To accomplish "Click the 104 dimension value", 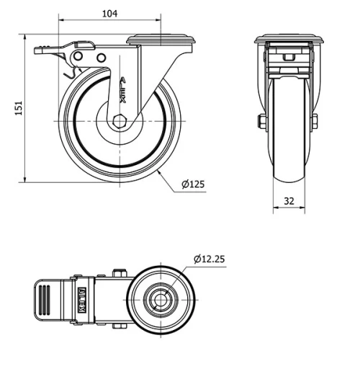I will [x=110, y=14].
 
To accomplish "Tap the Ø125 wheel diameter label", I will [x=193, y=184].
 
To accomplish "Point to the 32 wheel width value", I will [x=288, y=202].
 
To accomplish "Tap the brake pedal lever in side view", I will [x=54, y=51].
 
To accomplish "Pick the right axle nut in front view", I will [x=315, y=120].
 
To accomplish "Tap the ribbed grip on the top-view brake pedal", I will [x=44, y=296].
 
